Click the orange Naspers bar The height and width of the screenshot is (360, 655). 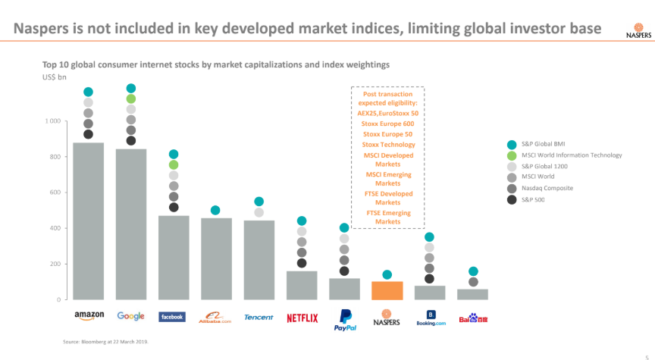click(387, 290)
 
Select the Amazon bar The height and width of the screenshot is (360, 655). click(88, 220)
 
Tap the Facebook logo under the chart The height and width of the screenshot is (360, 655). click(173, 317)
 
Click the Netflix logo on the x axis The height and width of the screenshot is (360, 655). click(302, 318)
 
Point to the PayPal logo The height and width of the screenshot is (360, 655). click(344, 320)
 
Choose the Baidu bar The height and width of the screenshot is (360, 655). click(472, 294)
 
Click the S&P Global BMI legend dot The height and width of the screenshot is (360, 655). click(511, 144)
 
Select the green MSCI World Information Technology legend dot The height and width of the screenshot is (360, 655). click(511, 155)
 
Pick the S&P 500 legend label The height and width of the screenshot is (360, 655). click(534, 199)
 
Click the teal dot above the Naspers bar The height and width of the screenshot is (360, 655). click(387, 274)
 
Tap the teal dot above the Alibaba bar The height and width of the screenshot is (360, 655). click(215, 210)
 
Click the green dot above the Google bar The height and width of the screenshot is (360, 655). click(131, 99)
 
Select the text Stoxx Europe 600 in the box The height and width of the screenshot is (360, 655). click(387, 124)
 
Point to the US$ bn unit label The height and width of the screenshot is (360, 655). click(54, 77)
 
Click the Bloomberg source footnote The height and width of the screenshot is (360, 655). click(105, 343)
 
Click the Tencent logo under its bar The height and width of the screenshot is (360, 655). click(259, 318)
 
